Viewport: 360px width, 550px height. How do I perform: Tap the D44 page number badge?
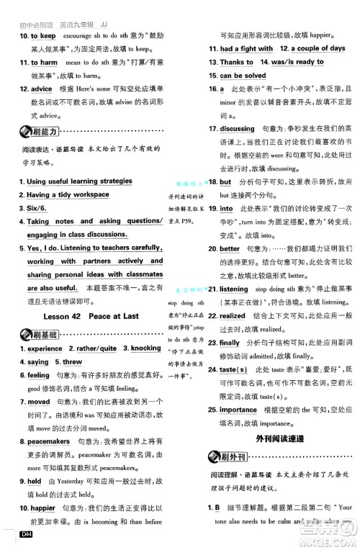pos(29,533)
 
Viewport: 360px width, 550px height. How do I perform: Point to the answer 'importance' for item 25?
pos(238,410)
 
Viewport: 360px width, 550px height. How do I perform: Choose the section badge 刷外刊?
pos(228,457)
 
